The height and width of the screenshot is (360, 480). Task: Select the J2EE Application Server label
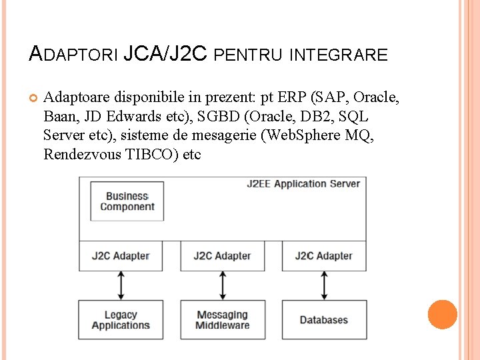303,184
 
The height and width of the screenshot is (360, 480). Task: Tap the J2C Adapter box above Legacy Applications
120,255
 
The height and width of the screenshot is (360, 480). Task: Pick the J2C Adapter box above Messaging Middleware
222,255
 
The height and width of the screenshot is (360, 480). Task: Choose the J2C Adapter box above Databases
324,255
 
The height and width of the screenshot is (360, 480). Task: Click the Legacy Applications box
120,320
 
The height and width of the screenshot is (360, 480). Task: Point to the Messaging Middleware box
222,320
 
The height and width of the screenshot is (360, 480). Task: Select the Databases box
324,320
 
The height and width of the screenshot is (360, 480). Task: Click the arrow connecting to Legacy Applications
120,285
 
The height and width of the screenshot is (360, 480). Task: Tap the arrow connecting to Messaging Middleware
222,285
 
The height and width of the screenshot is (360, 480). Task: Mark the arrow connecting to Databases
324,285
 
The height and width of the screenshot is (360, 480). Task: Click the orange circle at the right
443,315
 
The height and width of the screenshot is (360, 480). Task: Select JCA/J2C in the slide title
166,53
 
